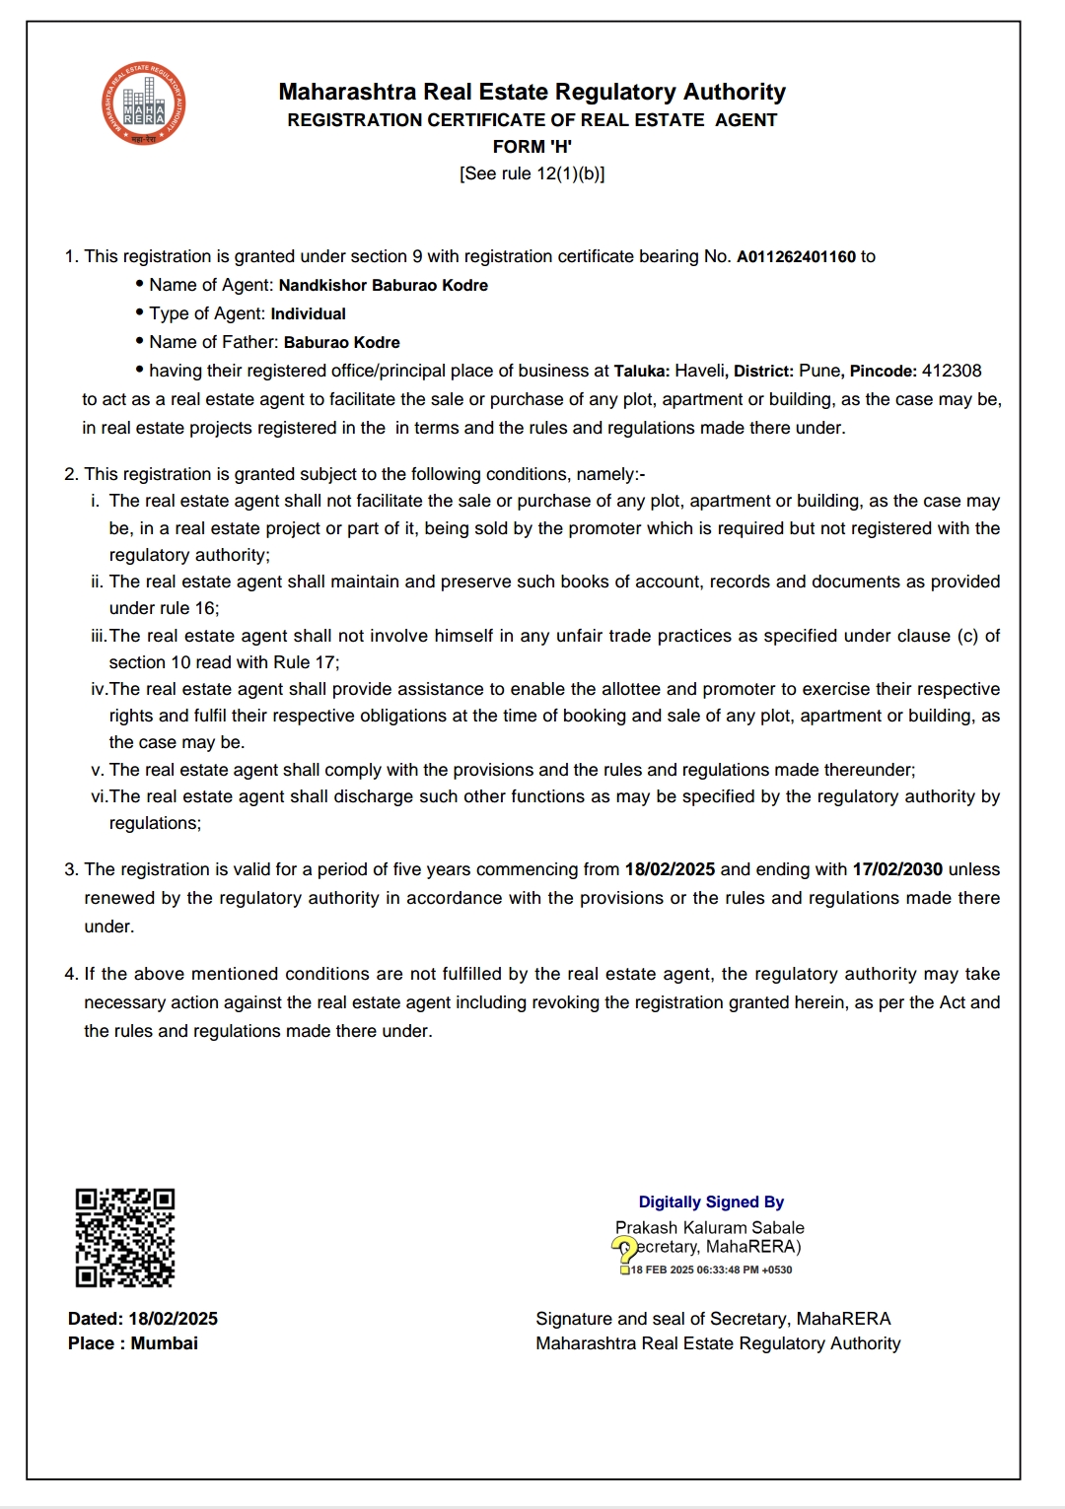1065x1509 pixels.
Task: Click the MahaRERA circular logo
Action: click(x=143, y=104)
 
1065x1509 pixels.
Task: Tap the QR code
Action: click(x=125, y=1238)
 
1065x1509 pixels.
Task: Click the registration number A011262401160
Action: click(x=796, y=257)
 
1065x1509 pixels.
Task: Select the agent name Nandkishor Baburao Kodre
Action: click(x=383, y=286)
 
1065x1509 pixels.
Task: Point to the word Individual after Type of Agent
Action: click(x=308, y=314)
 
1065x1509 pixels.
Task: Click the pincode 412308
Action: click(x=952, y=372)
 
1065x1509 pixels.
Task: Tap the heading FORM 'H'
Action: click(x=532, y=147)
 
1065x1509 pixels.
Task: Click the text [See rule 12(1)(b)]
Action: click(x=532, y=174)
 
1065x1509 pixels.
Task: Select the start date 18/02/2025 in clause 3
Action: click(x=670, y=870)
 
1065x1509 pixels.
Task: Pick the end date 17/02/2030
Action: click(x=897, y=870)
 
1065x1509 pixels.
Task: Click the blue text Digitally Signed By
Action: click(x=711, y=1202)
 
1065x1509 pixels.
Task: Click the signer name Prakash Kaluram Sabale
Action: click(x=709, y=1228)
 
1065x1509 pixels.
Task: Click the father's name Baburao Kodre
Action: click(x=341, y=343)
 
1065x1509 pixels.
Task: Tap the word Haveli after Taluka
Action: click(x=699, y=372)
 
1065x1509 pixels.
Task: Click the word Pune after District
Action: click(x=819, y=372)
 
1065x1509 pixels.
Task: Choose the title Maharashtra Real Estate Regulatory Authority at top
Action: click(x=532, y=93)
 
